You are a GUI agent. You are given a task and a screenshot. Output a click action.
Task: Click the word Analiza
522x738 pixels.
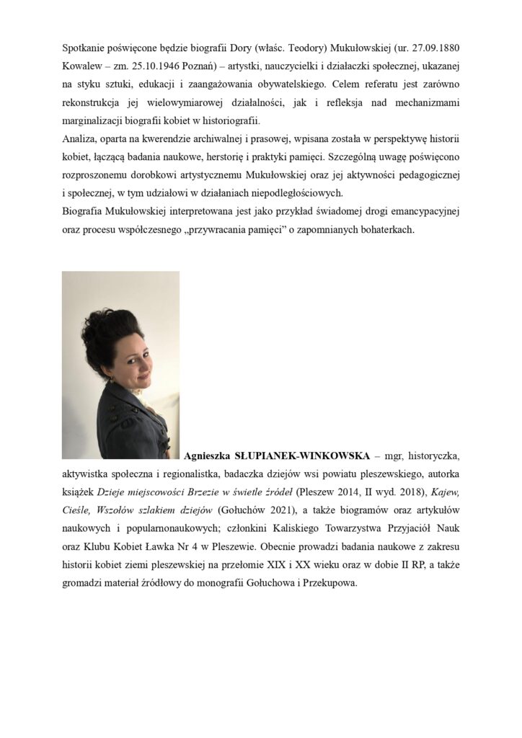79,138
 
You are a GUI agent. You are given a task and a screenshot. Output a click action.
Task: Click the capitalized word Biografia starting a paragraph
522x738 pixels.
87,211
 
